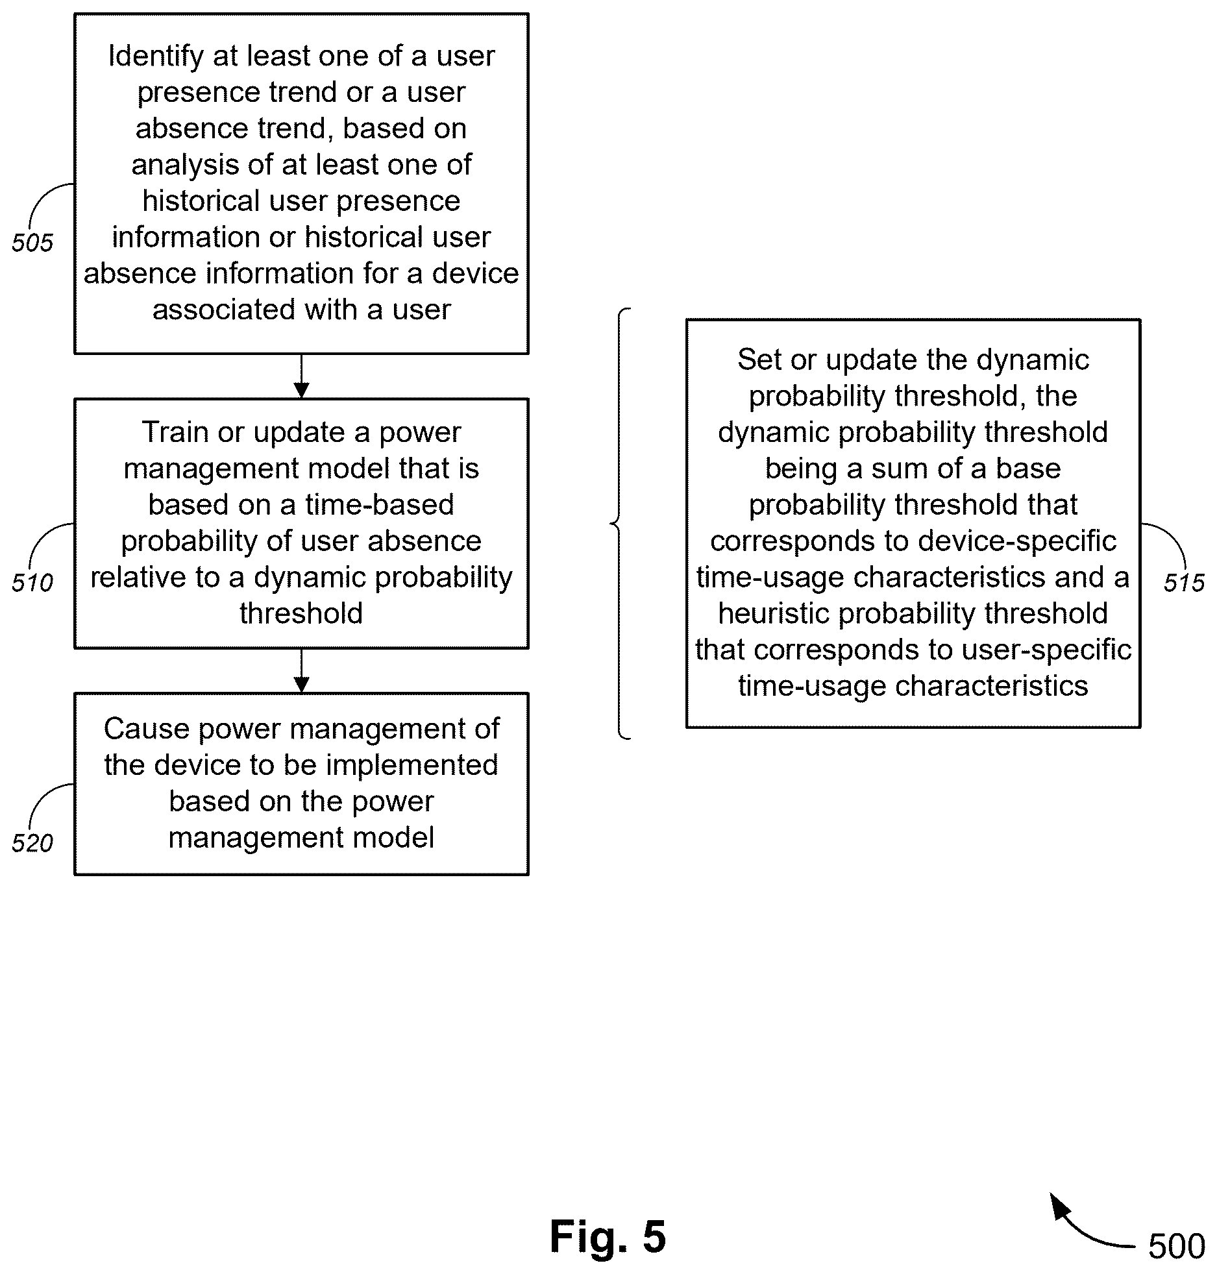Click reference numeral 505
32,243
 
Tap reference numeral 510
32,583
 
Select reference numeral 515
1184,583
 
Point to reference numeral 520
32,843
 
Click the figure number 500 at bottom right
1177,1246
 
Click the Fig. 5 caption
608,1236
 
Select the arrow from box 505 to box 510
301,376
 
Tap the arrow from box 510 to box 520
301,670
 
